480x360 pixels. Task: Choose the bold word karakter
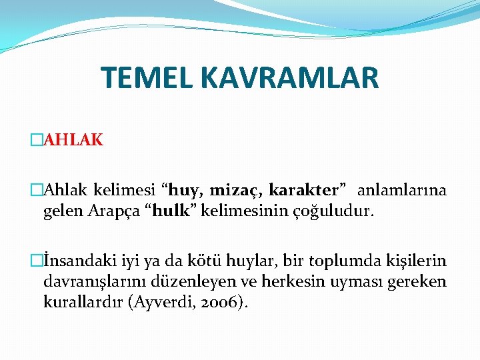tap(311, 191)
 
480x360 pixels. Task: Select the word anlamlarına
tap(402, 191)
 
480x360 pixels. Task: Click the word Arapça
tap(123, 213)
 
